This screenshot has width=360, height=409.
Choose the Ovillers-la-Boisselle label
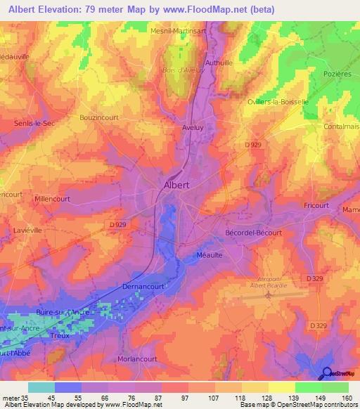278,102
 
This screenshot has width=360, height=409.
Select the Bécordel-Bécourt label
253,233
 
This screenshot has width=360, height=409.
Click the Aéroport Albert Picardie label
271,281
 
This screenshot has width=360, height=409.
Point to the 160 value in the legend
346,398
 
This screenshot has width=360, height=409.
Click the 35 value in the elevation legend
28,398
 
